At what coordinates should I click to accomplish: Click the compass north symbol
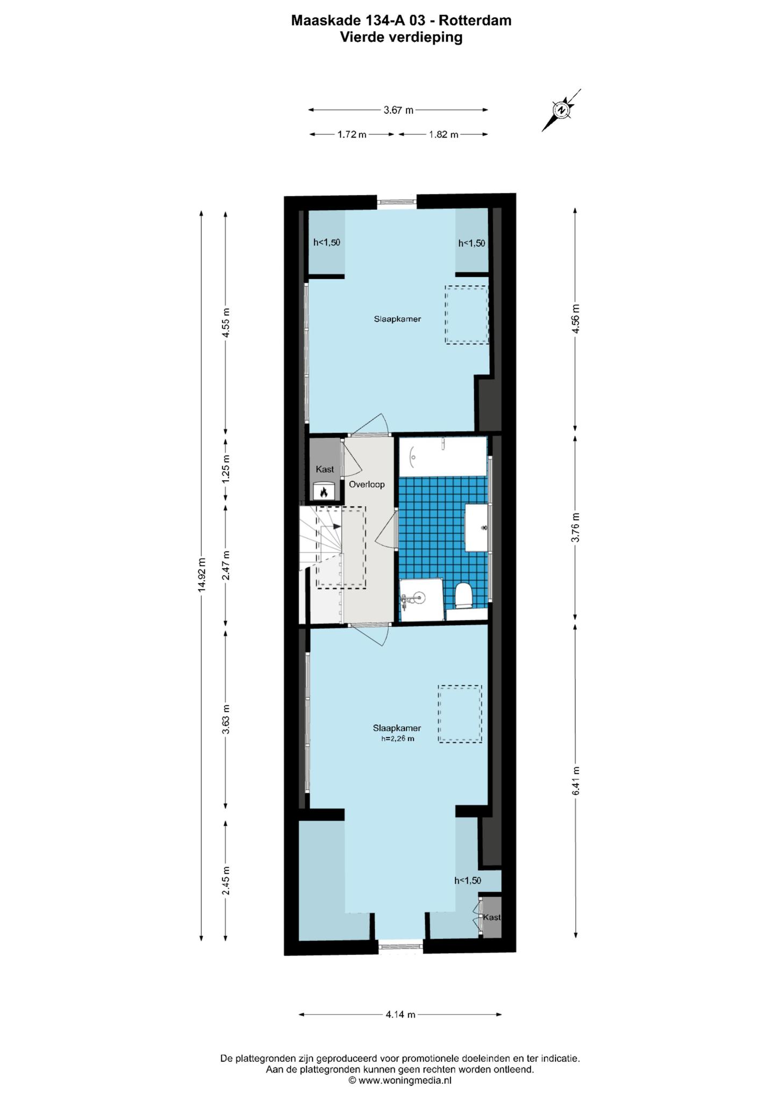coord(561,110)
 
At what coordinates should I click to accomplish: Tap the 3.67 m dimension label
coord(398,110)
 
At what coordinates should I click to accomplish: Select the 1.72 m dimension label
coord(352,134)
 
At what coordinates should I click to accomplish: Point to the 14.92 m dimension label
coord(202,575)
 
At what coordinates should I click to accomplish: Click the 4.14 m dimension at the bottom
coord(401,1015)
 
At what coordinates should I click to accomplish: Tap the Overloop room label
coord(367,484)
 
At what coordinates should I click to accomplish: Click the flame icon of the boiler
coord(324,491)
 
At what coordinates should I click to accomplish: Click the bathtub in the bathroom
coord(443,457)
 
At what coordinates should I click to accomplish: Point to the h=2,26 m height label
coord(398,739)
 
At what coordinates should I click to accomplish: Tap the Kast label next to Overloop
coord(325,469)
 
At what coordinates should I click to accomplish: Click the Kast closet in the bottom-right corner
coord(491,917)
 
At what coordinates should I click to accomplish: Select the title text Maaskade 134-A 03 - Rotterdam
coord(401,20)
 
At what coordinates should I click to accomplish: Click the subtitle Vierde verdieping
coord(401,37)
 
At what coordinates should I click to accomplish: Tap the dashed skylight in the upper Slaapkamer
coord(467,315)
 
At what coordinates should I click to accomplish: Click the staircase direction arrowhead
coord(337,526)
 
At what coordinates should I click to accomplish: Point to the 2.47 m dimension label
coord(226,565)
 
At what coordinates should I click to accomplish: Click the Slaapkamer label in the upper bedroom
coord(397,319)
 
